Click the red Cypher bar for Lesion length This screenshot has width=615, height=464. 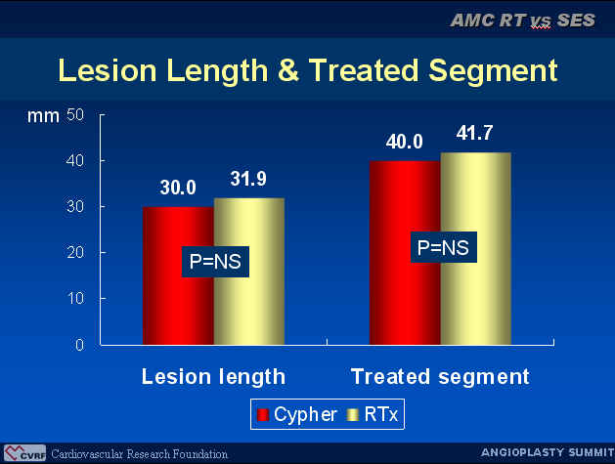point(178,275)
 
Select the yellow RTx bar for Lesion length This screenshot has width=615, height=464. point(249,272)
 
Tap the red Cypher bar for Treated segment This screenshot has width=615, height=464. point(405,253)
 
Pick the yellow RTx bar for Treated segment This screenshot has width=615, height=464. point(476,249)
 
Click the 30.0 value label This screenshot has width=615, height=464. point(178,188)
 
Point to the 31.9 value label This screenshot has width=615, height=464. point(248,179)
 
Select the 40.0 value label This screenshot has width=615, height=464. point(405,142)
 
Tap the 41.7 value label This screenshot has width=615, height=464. point(474,133)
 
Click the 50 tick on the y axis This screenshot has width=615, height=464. point(75,115)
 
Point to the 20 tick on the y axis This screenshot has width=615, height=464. point(75,252)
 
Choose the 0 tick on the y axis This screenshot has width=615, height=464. point(79,345)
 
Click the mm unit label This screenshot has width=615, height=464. point(43,116)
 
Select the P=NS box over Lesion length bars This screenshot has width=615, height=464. point(215,262)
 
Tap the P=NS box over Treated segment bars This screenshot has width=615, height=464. point(444,247)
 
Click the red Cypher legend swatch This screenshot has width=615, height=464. point(263,414)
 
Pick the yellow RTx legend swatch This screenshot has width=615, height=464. point(353,414)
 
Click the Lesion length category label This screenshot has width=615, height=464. point(213,377)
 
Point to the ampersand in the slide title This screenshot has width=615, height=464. point(288,70)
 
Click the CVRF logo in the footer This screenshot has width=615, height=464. point(24,453)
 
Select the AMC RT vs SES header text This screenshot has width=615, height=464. point(523,21)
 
